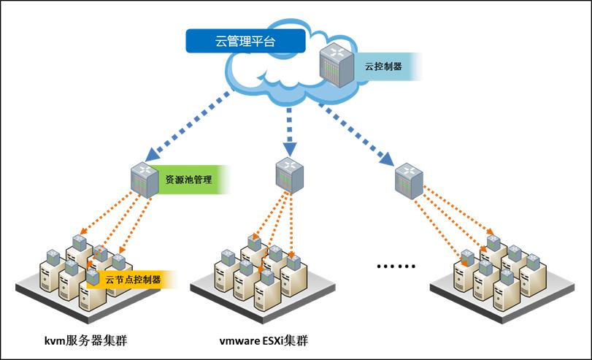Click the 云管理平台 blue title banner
click(245, 42)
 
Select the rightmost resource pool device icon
click(407, 181)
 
